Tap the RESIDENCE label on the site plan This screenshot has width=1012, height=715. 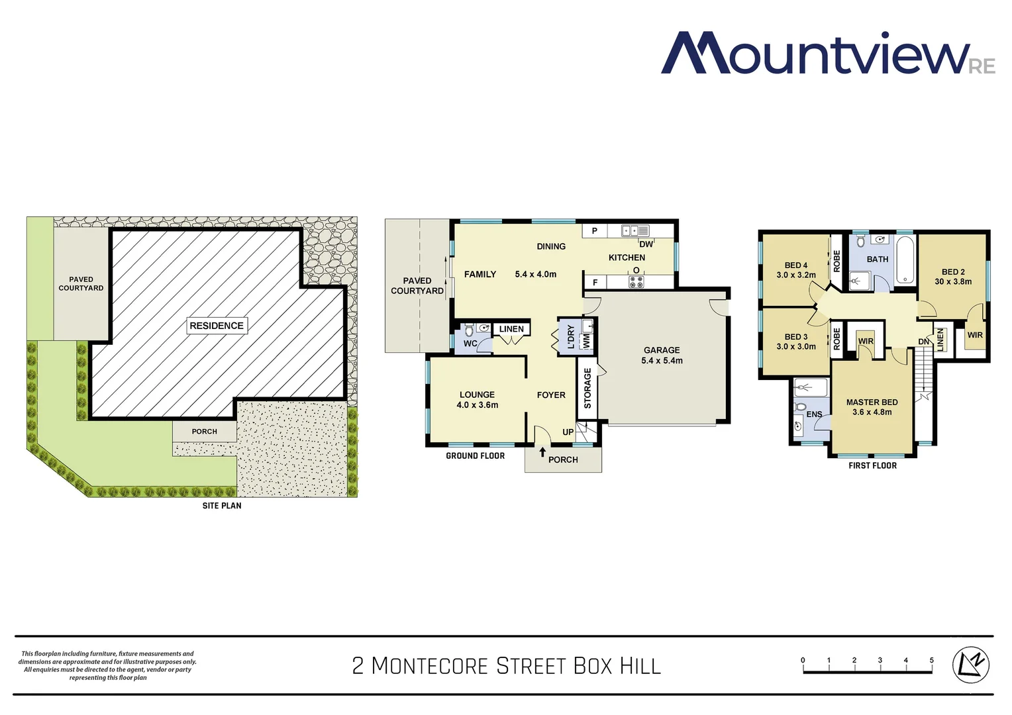(x=217, y=326)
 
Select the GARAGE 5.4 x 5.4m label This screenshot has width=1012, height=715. (x=662, y=356)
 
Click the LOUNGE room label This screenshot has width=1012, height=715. (x=477, y=395)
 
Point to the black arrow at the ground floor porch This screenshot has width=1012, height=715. (x=543, y=453)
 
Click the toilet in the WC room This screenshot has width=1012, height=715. (x=470, y=330)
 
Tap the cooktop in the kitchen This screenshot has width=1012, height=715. (x=636, y=281)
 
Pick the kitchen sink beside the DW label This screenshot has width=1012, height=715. (x=634, y=230)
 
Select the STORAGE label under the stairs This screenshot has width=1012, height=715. (x=587, y=388)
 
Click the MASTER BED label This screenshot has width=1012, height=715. (x=872, y=403)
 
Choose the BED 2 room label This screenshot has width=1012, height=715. (x=953, y=272)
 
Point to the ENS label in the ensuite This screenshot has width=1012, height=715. (x=814, y=414)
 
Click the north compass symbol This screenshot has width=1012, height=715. (x=970, y=664)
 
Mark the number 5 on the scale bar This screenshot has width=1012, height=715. (x=931, y=660)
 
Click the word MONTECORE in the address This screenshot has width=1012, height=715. (x=429, y=665)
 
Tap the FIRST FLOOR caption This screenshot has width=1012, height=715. (x=872, y=465)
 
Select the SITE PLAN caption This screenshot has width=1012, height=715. (x=222, y=506)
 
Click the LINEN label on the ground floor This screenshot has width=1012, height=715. (x=511, y=329)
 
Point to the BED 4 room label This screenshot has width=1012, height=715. (x=796, y=265)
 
